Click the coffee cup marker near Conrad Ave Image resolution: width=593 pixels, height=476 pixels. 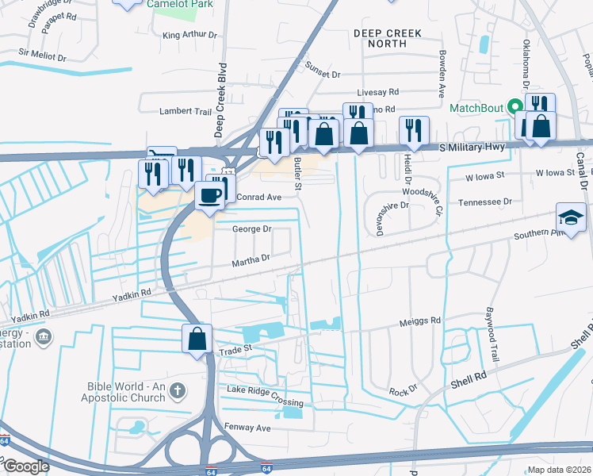(x=210, y=195)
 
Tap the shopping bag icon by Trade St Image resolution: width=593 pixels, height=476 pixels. (x=196, y=339)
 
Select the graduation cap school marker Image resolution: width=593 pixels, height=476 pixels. (x=572, y=217)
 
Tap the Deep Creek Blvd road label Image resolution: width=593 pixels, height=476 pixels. (x=222, y=100)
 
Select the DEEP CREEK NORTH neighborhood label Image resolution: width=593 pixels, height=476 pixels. (x=388, y=38)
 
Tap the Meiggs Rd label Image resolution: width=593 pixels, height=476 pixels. (x=419, y=321)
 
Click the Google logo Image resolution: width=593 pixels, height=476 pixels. (x=26, y=466)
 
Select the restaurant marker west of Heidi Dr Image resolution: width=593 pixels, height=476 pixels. (x=412, y=130)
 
